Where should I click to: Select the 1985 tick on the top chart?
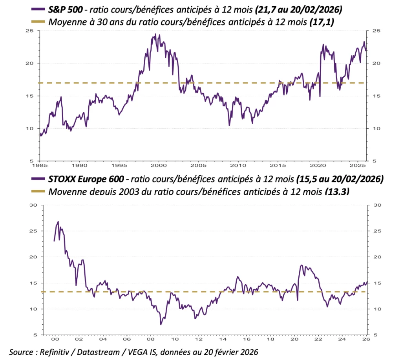pos(39,165)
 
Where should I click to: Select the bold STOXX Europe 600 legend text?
pos(86,179)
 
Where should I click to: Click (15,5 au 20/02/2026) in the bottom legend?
pos(339,179)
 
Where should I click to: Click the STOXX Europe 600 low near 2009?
pos(161,324)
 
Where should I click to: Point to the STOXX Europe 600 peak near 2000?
pos(58,222)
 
